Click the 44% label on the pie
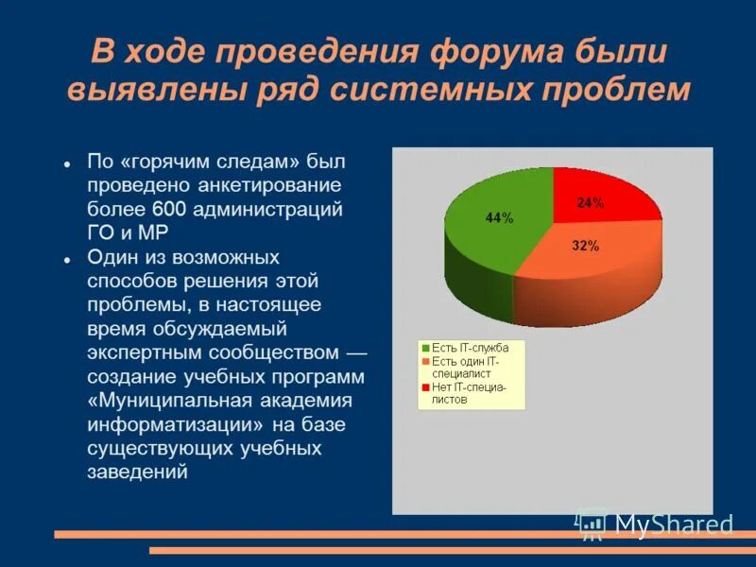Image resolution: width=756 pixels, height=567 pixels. click(x=499, y=218)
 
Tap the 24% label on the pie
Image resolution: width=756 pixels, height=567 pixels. click(x=591, y=203)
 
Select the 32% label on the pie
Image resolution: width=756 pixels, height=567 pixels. click(x=585, y=247)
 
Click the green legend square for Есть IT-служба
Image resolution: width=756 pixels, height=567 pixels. click(x=426, y=348)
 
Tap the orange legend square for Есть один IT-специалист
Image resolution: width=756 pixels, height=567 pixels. click(x=426, y=361)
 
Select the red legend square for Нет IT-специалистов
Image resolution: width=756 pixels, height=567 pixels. click(x=426, y=387)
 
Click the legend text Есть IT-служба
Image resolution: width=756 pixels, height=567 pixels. click(x=470, y=348)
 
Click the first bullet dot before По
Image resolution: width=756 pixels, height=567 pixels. click(x=69, y=163)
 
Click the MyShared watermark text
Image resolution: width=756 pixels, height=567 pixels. click(x=673, y=525)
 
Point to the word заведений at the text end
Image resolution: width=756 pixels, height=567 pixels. click(x=138, y=472)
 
